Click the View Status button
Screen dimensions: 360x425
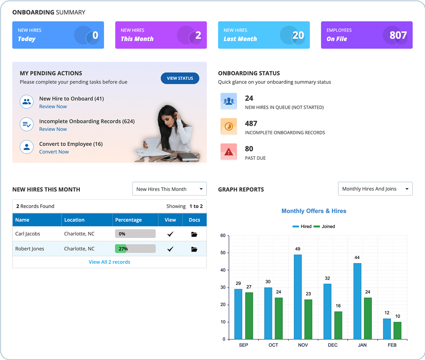pyautogui.click(x=180, y=78)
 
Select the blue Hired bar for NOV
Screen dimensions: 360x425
pyautogui.click(x=297, y=296)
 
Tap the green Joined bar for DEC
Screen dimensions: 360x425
pyautogui.click(x=338, y=325)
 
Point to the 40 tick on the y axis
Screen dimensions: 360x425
pyautogui.click(x=223, y=270)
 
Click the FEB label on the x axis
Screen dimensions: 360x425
pyautogui.click(x=392, y=345)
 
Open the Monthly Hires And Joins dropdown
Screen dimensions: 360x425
pyautogui.click(x=375, y=189)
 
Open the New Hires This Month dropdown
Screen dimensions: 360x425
pyautogui.click(x=169, y=189)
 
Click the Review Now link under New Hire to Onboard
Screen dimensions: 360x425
pyautogui.click(x=53, y=107)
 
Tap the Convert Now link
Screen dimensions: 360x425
pyautogui.click(x=54, y=152)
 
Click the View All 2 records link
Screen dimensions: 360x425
pyautogui.click(x=109, y=262)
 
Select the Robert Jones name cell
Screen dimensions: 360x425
pyautogui.click(x=29, y=249)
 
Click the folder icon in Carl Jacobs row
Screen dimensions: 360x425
pyautogui.click(x=194, y=234)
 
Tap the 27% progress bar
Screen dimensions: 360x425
pyautogui.click(x=135, y=249)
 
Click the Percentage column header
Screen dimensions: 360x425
pyautogui.click(x=128, y=220)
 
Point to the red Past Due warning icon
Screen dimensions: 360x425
pyautogui.click(x=228, y=152)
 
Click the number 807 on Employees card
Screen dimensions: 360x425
pyautogui.click(x=398, y=35)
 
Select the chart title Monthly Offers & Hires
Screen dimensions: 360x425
pyautogui.click(x=314, y=211)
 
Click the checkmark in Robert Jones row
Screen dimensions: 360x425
pyautogui.click(x=170, y=249)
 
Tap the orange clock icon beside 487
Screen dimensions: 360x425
pyautogui.click(x=228, y=127)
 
